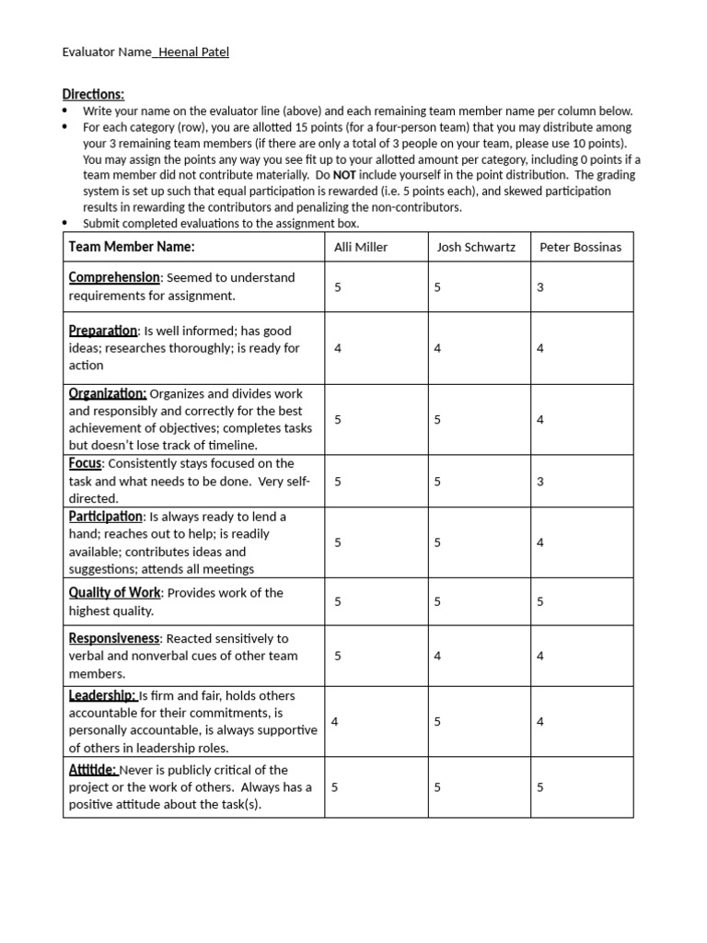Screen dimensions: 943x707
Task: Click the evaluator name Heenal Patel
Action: click(193, 52)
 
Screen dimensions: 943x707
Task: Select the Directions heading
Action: click(93, 94)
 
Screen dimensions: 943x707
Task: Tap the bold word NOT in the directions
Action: click(345, 174)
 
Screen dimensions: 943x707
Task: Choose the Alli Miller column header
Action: click(360, 248)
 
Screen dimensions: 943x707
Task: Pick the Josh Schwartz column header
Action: click(476, 248)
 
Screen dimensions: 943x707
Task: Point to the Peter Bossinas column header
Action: click(581, 248)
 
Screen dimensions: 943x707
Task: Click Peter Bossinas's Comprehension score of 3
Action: click(540, 287)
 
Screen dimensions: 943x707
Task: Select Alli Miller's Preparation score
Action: click(338, 348)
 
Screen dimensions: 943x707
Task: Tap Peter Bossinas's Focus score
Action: click(540, 481)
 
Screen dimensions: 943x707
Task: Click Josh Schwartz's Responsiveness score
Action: click(437, 656)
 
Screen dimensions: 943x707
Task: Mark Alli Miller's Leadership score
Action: click(334, 721)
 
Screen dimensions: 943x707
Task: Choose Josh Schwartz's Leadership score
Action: click(437, 721)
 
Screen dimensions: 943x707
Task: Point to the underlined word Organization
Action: click(107, 393)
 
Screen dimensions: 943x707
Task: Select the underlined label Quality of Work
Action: click(114, 592)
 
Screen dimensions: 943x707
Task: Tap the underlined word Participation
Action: click(106, 516)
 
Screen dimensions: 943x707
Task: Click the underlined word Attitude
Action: click(92, 769)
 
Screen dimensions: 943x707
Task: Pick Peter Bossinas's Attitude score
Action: click(540, 787)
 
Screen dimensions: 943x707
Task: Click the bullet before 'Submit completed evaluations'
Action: click(65, 224)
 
